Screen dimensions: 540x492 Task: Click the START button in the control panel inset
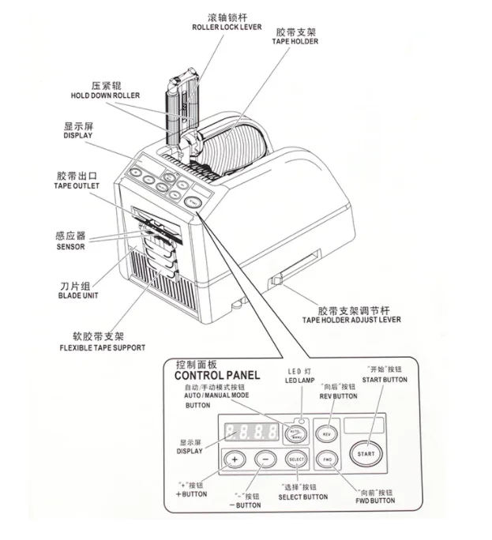(366, 453)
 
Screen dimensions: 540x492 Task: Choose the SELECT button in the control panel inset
(295, 459)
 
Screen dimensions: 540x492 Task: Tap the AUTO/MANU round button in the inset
(295, 433)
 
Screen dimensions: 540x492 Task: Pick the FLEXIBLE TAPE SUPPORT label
(102, 347)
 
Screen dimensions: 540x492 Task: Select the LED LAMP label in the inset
(297, 380)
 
